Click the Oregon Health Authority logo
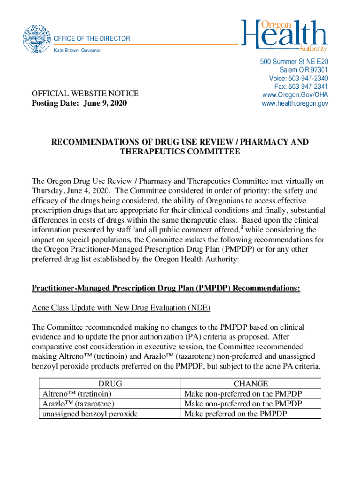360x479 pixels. [x=285, y=35]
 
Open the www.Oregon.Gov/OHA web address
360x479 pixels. [x=295, y=95]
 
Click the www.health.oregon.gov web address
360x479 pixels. [x=295, y=103]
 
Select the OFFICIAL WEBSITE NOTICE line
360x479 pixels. [x=85, y=94]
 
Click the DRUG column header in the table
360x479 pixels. [x=110, y=384]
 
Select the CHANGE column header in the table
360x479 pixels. [x=251, y=384]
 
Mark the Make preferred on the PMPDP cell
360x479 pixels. [x=235, y=414]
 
